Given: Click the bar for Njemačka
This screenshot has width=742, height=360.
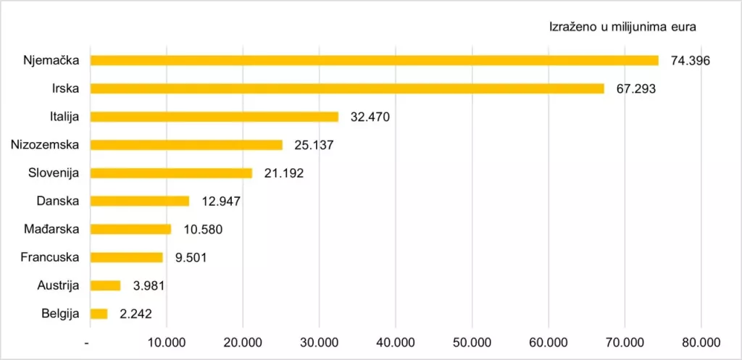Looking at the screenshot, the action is coord(375,61).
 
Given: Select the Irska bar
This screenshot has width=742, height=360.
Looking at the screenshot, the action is coord(347,88).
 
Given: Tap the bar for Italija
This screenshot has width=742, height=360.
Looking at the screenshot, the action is coord(214,117).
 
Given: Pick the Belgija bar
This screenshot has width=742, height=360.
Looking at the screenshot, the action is coord(99,314).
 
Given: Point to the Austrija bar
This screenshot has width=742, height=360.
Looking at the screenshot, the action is coord(106,285).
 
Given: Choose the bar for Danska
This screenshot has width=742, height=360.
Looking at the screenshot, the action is coord(140,201).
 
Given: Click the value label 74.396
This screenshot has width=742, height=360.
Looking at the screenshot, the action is coord(691,61).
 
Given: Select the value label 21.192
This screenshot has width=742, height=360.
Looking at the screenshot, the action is coord(284,173).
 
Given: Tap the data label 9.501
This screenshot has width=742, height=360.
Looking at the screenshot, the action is coord(191,258).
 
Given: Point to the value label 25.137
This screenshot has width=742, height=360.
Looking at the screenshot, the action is coord(314,145).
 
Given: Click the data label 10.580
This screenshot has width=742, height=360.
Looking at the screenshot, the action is coord(203,230).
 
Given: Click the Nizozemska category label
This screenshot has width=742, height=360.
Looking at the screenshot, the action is coord(45,145).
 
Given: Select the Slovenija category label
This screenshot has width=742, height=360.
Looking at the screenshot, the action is coord(54,173).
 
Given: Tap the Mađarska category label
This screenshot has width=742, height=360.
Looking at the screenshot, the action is coord(51,230).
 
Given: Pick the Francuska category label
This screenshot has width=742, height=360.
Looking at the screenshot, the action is coord(50,257).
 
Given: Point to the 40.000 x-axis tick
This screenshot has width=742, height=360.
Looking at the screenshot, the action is coord(396,343).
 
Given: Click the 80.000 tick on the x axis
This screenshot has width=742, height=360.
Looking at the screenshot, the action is coord(701,343).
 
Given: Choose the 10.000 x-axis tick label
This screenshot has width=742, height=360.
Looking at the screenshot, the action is coord(167,343).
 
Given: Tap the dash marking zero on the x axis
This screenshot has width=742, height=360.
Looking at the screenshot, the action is coord(87,343).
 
